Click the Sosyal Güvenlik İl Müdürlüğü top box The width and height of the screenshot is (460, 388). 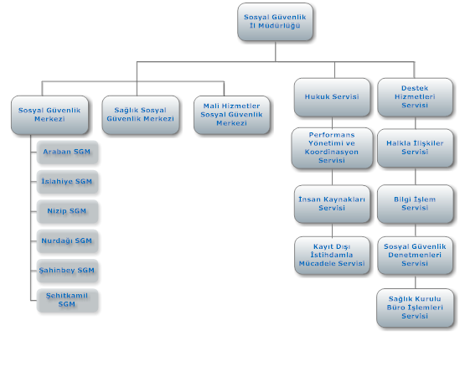pyautogui.click(x=275, y=22)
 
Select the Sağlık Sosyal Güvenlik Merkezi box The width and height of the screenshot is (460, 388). pyautogui.click(x=141, y=115)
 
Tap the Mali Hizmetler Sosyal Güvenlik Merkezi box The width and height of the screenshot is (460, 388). pyautogui.click(x=232, y=115)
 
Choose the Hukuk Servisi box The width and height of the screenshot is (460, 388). pyautogui.click(x=332, y=97)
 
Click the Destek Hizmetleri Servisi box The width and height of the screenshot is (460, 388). pyautogui.click(x=415, y=97)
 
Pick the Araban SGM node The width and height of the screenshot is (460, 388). pyautogui.click(x=67, y=152)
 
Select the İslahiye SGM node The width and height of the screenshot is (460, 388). pyautogui.click(x=67, y=182)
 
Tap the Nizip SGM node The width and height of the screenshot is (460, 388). pyautogui.click(x=67, y=211)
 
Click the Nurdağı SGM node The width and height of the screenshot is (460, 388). pyautogui.click(x=67, y=241)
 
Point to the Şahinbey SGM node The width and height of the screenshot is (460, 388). pyautogui.click(x=67, y=271)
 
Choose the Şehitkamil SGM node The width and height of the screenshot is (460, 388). pyautogui.click(x=67, y=300)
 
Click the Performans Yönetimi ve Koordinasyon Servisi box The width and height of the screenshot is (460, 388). pyautogui.click(x=332, y=148)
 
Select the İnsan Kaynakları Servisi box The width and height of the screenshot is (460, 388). pyautogui.click(x=332, y=204)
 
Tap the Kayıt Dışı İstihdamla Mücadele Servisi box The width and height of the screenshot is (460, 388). pyautogui.click(x=332, y=256)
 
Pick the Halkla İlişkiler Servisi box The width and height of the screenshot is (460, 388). pyautogui.click(x=415, y=148)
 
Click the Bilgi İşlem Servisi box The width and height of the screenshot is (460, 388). pyautogui.click(x=415, y=204)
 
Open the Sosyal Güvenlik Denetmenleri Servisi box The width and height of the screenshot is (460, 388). pyautogui.click(x=415, y=256)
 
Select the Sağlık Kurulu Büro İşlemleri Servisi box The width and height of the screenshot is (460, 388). pyautogui.click(x=415, y=308)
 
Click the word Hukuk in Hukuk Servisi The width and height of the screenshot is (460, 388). pyautogui.click(x=316, y=96)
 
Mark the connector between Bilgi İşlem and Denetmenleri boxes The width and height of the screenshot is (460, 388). pyautogui.click(x=415, y=230)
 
